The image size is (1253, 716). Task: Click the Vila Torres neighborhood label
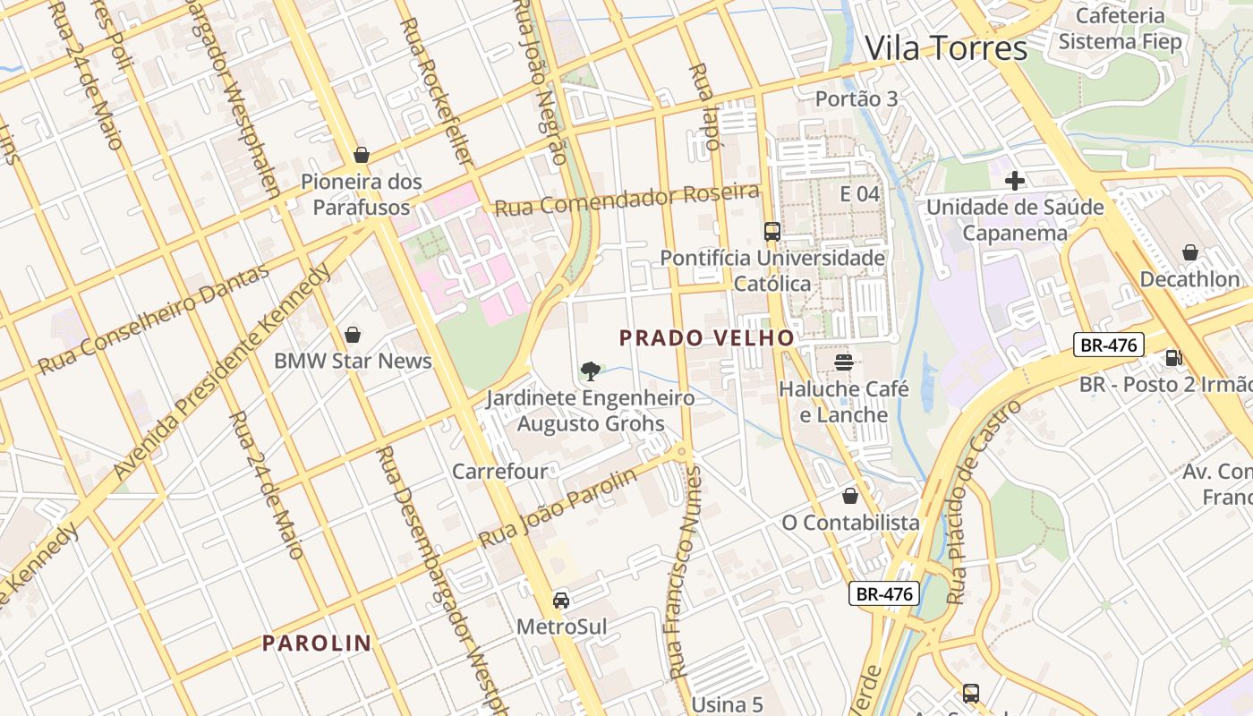[x=946, y=47]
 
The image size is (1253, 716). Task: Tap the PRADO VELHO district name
[x=707, y=337]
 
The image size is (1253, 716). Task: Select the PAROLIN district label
[x=317, y=643]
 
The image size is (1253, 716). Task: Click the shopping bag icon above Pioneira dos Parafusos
[x=362, y=155]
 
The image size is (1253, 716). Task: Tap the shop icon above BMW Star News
[x=353, y=335]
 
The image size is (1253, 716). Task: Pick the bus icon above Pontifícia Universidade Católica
[x=771, y=232]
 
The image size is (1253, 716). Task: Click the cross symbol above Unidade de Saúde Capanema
[x=1014, y=181]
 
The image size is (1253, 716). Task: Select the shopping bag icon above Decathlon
[x=1189, y=252]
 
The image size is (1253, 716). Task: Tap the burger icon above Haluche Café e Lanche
[x=844, y=362]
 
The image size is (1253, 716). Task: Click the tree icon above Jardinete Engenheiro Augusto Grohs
[x=590, y=370]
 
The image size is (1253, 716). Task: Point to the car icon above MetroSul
[x=561, y=600]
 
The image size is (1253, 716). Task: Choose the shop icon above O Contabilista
[x=850, y=496]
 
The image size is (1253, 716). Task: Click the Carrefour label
[x=499, y=471]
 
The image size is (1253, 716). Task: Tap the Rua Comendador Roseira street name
[x=627, y=200]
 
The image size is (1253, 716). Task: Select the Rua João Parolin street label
[x=558, y=508]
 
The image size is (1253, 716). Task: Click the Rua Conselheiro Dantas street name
[x=153, y=320]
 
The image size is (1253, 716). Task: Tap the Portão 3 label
[x=857, y=98]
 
